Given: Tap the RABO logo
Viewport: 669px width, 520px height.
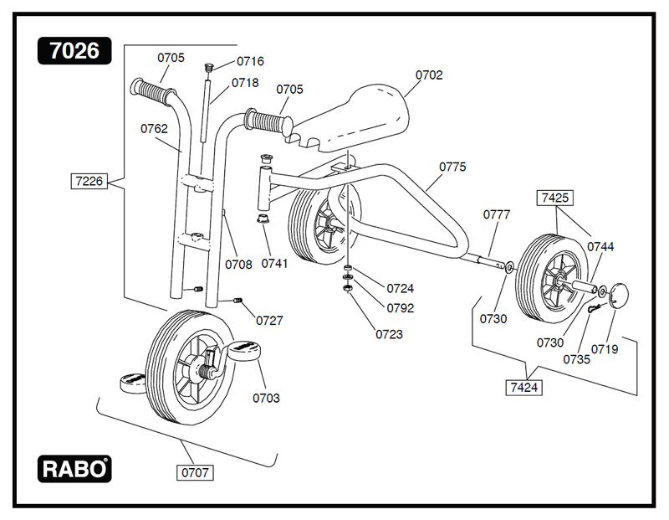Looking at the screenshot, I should coord(74,469).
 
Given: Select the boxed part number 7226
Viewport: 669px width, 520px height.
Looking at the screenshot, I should coord(90,180).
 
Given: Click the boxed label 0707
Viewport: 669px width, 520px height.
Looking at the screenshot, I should coord(195,472).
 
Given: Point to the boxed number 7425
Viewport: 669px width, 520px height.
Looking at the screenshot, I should coord(555,198).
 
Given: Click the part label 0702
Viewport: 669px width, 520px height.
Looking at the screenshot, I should coord(429,75).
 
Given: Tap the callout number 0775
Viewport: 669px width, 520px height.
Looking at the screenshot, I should coord(452,167).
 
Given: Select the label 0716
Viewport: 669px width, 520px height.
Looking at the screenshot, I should coord(250,61).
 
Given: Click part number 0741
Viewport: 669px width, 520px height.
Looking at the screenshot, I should coord(274,264).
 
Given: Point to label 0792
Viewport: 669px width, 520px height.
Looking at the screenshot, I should coord(400,307).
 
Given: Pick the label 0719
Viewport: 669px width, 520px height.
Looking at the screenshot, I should coord(605,348).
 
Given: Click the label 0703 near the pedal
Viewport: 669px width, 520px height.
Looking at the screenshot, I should coord(266,398).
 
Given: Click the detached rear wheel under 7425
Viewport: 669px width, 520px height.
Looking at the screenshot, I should coord(548,276).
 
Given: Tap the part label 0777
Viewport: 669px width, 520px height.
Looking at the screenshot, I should coord(497,214).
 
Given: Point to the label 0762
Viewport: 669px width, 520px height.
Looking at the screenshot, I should coord(154,129).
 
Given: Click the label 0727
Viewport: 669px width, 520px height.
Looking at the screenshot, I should coord(269,320).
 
